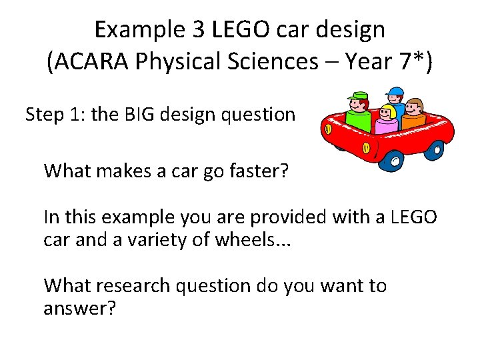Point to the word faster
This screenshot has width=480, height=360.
click(256, 171)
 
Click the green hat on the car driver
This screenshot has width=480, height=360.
click(358, 96)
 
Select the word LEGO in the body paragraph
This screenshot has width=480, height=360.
click(414, 217)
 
